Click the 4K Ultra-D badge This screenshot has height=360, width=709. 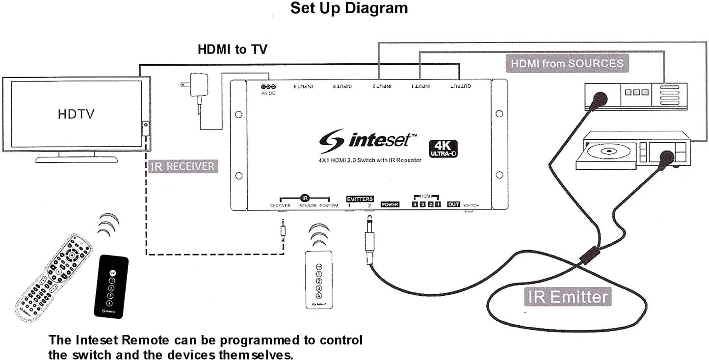pyautogui.click(x=444, y=148)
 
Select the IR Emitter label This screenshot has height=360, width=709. pyautogui.click(x=568, y=297)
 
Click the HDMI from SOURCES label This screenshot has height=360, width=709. pyautogui.click(x=567, y=63)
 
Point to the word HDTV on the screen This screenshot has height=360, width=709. pyautogui.click(x=76, y=114)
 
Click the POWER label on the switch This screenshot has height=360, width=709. pyautogui.click(x=390, y=205)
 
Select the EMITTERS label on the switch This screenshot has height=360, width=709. pyautogui.click(x=360, y=199)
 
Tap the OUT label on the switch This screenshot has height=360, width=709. pyautogui.click(x=453, y=204)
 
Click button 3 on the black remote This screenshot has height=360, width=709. pyautogui.click(x=111, y=296)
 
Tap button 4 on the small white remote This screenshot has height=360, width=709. pyautogui.click(x=319, y=296)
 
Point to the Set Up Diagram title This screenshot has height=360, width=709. pyautogui.click(x=349, y=8)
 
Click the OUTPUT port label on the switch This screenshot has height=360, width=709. pyautogui.click(x=461, y=87)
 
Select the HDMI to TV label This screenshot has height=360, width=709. pyautogui.click(x=233, y=50)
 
